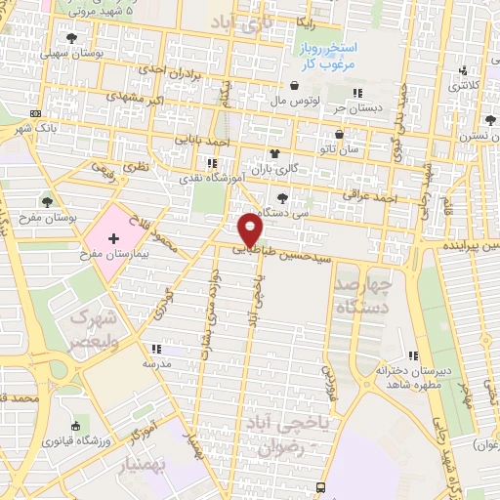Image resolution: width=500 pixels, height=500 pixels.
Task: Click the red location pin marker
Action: point(251,229)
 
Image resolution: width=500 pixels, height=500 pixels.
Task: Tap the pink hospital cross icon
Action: point(114,237)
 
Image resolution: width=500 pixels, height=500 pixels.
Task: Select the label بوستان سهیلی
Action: point(74,52)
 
